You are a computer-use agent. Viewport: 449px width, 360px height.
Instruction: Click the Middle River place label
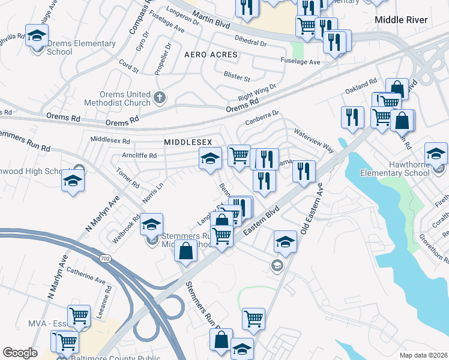point(401,20)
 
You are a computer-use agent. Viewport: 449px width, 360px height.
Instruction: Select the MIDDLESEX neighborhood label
point(188,142)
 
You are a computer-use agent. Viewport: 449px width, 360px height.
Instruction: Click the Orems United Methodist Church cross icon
point(160,97)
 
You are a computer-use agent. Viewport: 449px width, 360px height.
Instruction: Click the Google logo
point(20,353)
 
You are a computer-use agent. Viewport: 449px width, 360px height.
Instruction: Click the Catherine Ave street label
point(86,275)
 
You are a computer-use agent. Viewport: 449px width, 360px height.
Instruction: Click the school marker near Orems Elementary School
point(37,34)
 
